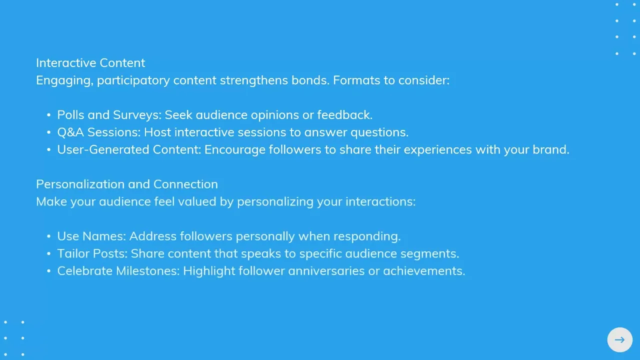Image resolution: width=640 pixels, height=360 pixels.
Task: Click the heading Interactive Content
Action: click(90, 63)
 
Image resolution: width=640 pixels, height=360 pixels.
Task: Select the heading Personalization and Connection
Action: click(127, 184)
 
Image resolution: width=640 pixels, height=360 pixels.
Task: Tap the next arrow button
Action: click(619, 339)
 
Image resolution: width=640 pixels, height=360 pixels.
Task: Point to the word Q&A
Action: click(70, 132)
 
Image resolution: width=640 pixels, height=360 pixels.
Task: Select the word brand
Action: click(551, 149)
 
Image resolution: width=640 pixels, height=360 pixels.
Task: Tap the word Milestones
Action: click(147, 271)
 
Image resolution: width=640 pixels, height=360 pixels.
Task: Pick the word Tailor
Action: click(73, 253)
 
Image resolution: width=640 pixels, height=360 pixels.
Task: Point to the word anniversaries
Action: click(326, 271)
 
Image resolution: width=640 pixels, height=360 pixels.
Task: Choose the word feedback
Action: click(345, 115)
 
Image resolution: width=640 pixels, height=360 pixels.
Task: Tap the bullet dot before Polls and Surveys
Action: click(48, 115)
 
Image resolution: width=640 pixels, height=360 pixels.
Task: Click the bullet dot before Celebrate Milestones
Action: click(48, 271)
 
